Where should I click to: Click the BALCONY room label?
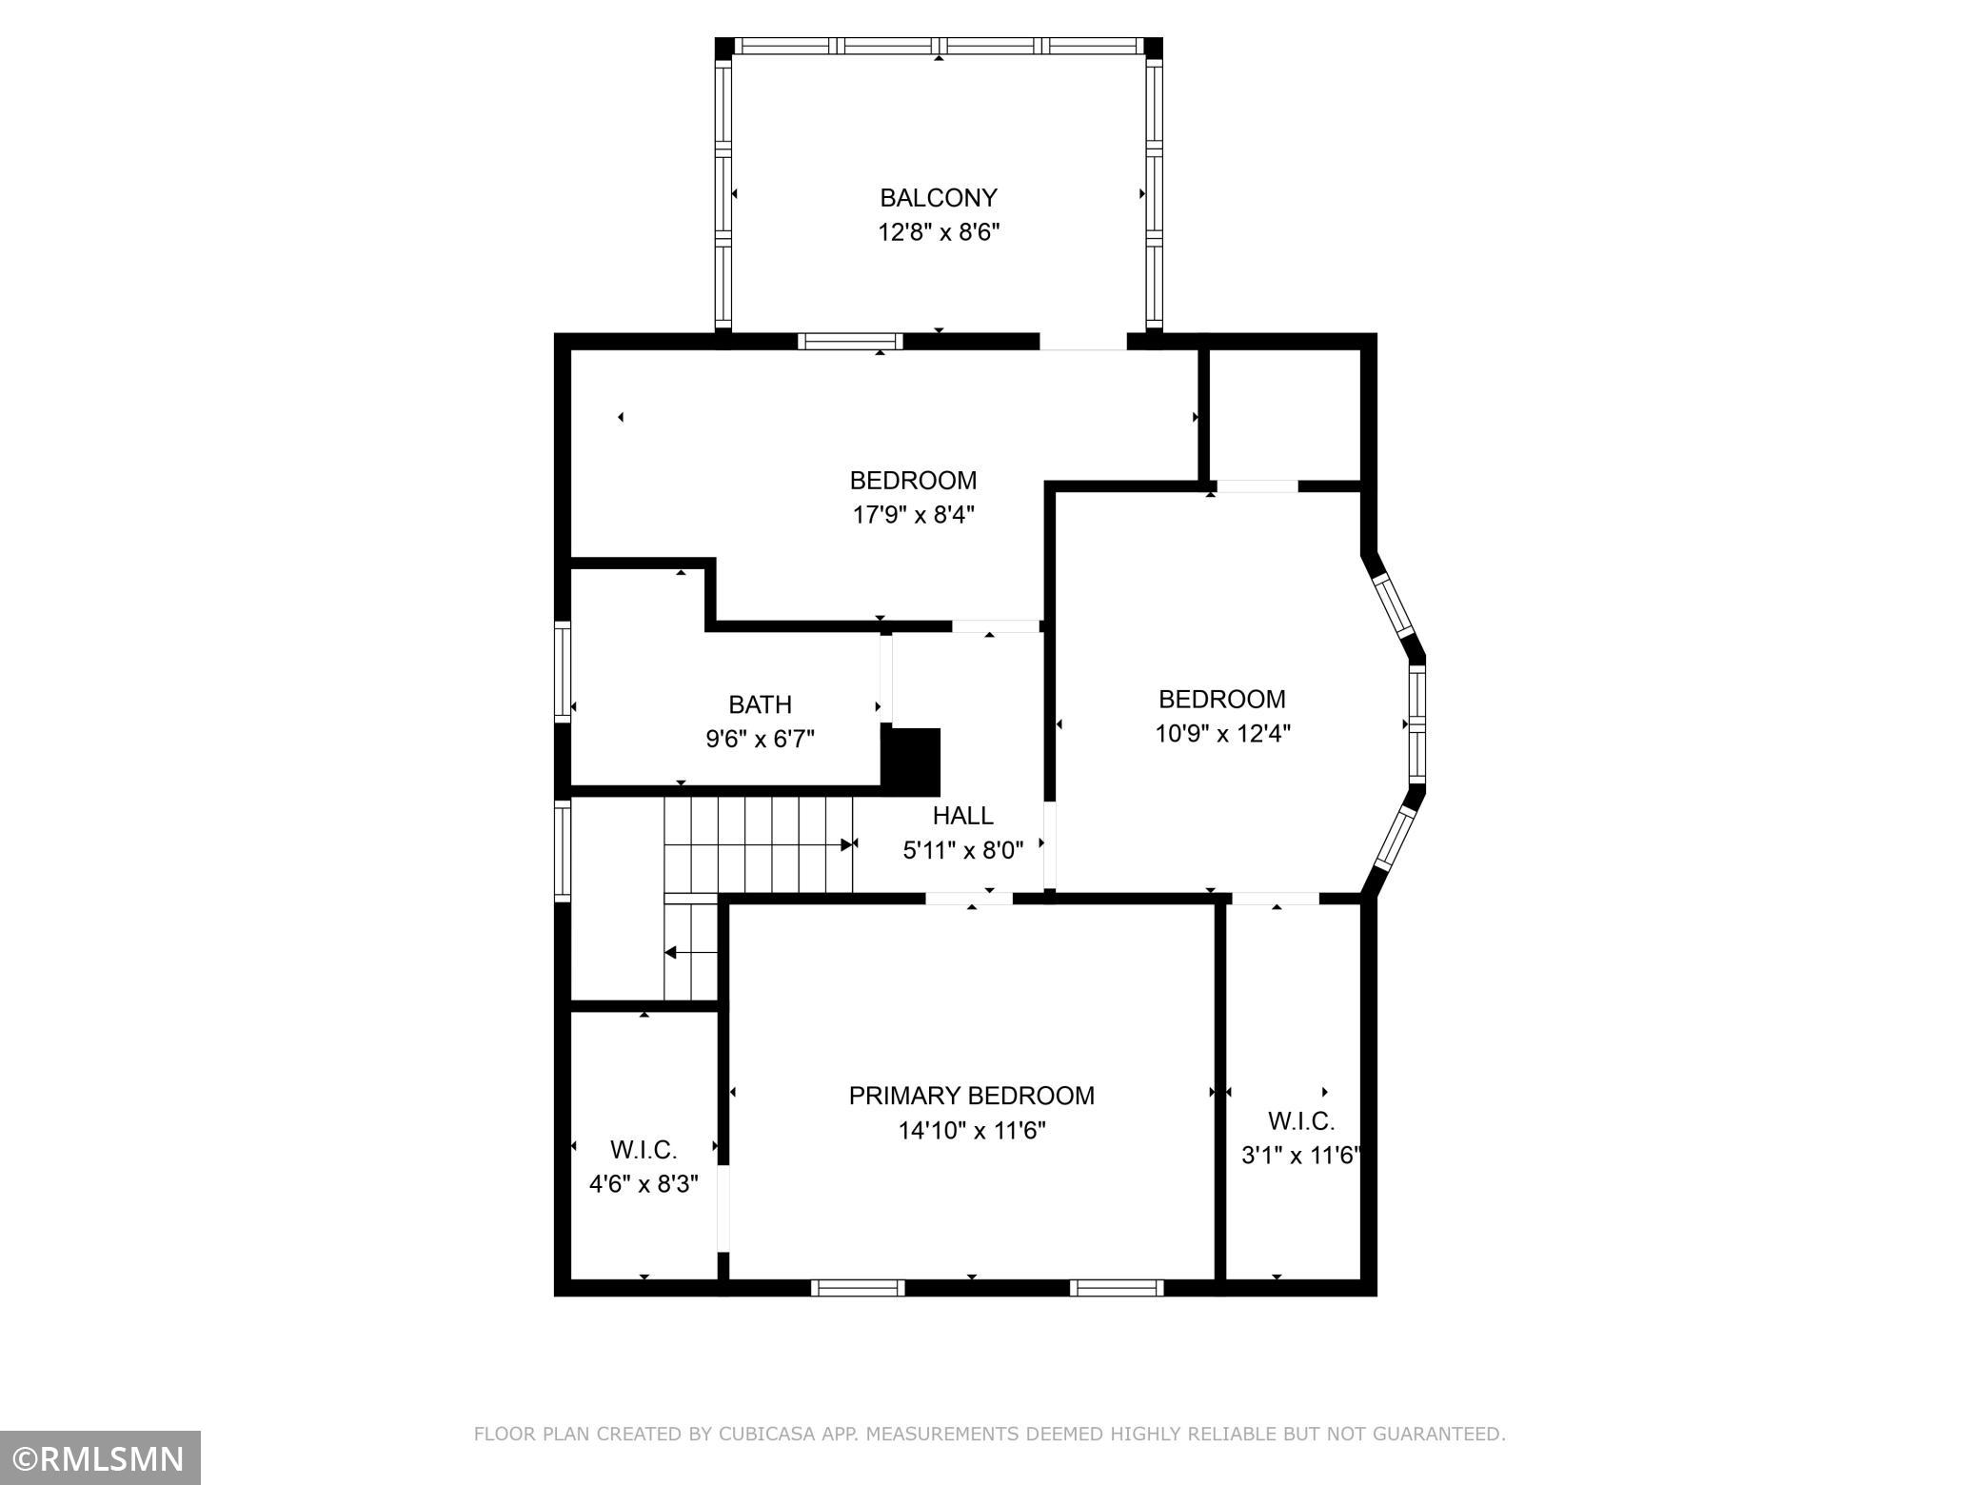coord(938,198)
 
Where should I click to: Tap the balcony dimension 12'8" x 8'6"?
coord(938,232)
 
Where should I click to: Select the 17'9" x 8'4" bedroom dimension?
coord(913,515)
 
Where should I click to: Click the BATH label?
coord(760,704)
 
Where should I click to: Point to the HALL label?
coord(962,816)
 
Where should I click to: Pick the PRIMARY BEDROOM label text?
coord(971,1096)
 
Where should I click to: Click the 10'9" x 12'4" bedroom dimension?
coord(1222,734)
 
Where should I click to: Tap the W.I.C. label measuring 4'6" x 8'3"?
coord(643,1151)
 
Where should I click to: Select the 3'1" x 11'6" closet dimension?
coord(1300,1156)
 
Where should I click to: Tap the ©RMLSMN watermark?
coord(100,1458)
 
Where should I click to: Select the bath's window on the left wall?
coord(563,671)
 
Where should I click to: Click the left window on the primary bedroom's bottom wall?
coord(858,1288)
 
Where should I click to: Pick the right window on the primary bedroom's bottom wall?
coord(1117,1288)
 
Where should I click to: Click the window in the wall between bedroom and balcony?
coord(850,342)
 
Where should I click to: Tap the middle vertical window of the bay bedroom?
coord(1416,723)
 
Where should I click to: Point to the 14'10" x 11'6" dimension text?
coord(972,1131)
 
